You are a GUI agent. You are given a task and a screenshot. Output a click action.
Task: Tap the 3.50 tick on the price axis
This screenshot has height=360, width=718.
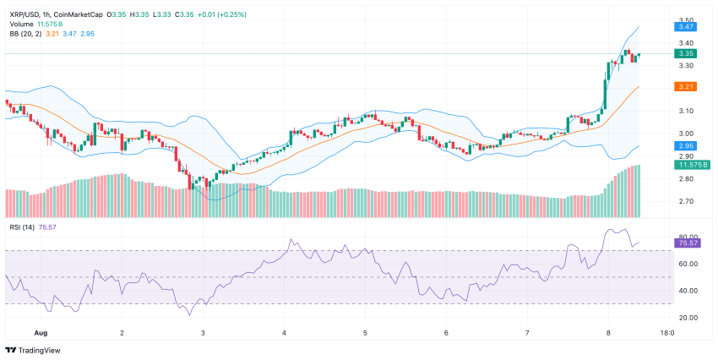click(685, 19)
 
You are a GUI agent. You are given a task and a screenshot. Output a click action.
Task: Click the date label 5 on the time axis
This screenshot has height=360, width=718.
click(366, 333)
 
